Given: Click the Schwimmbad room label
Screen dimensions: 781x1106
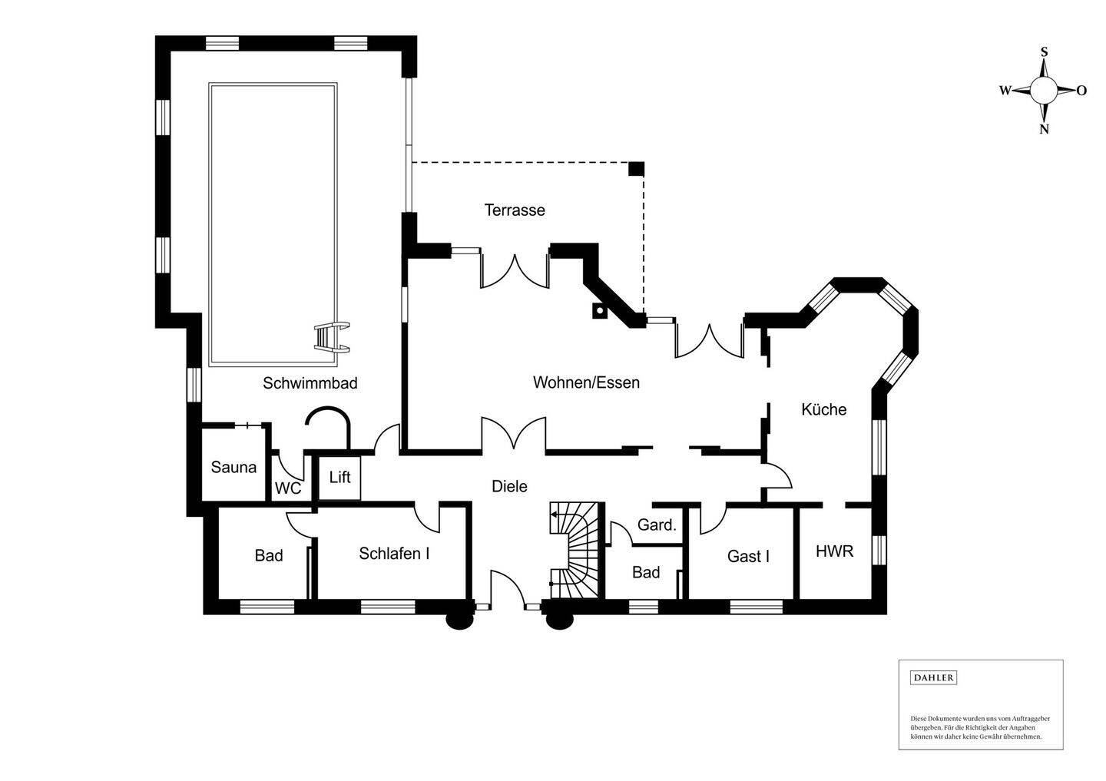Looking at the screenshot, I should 310,382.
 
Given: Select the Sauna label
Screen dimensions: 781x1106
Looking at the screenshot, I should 233,467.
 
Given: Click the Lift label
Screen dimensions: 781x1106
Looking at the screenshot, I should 339,477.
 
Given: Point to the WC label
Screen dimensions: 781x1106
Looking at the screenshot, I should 288,488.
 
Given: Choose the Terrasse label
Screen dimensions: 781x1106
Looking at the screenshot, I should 515,210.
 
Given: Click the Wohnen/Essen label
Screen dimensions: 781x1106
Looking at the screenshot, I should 586,382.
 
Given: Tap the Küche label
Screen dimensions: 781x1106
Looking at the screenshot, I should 823,409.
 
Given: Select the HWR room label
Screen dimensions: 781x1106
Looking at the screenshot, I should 834,551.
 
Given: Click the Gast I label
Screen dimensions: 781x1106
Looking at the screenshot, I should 748,556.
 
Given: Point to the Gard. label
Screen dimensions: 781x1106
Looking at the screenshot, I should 657,525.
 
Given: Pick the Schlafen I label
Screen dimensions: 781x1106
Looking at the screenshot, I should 394,553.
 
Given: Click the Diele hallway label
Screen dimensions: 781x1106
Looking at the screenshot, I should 509,486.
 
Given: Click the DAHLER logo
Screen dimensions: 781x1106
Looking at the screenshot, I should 933,677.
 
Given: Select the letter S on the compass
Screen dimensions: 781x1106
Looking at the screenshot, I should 1044,52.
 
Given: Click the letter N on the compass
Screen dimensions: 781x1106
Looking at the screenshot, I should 1044,129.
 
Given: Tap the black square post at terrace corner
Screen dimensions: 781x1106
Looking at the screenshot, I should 636,169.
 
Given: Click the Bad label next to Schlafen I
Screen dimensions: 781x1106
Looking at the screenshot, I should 269,555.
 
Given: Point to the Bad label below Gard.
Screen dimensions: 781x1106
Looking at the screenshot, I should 646,572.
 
